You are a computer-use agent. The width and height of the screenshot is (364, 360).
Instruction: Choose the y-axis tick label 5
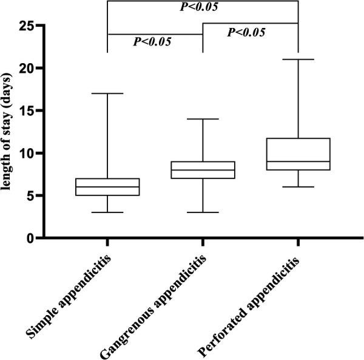tap(32, 196)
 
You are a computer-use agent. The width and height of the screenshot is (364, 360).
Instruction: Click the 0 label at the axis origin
tap(31, 239)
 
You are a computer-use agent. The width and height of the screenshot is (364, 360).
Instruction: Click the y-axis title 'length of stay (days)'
tap(5, 132)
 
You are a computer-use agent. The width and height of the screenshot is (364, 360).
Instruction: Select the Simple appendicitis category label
tap(69, 297)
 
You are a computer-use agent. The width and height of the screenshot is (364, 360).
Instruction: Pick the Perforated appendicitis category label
tap(248, 307)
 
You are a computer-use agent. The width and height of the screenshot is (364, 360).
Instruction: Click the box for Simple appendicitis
tap(107, 187)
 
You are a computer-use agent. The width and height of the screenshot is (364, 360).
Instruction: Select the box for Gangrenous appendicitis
tap(203, 170)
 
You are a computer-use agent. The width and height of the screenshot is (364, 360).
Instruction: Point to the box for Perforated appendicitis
tap(298, 154)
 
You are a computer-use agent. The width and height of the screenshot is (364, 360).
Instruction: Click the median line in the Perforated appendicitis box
tap(298, 161)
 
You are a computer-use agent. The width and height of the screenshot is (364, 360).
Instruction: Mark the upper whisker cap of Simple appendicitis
tap(107, 93)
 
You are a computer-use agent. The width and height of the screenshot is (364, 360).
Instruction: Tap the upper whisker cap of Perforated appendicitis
tap(298, 59)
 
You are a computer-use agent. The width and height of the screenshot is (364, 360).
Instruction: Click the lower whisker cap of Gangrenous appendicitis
tap(203, 212)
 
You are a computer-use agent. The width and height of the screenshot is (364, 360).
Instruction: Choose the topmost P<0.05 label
tap(199, 7)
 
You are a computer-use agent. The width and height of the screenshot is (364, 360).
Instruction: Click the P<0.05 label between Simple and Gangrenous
tap(152, 42)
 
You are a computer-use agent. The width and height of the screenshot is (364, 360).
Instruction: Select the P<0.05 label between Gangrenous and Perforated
tap(246, 32)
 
